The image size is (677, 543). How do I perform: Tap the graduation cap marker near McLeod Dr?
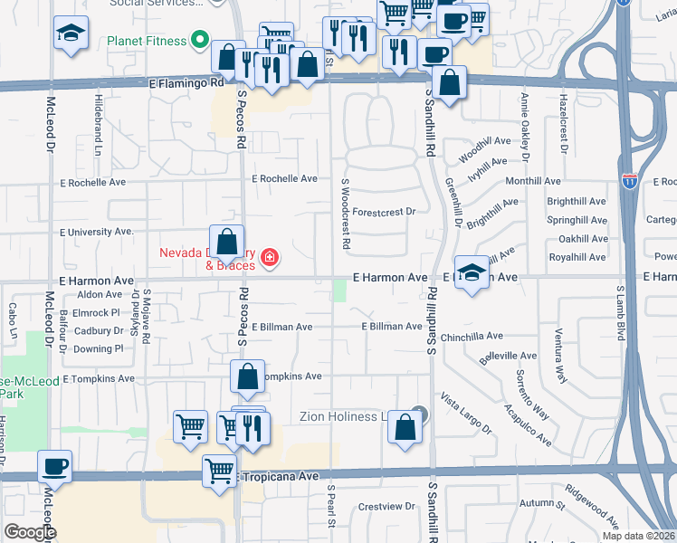[x=68, y=33]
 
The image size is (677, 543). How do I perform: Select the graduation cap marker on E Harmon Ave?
[x=472, y=273]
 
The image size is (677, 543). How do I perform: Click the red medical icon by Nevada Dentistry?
[x=268, y=259]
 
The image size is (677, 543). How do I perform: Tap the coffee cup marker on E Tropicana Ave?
[x=55, y=466]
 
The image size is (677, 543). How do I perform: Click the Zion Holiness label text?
[x=349, y=416]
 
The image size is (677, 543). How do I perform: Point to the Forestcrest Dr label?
[x=384, y=212]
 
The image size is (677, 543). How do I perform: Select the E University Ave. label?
[x=98, y=232]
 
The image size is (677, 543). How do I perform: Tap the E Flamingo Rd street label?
[x=186, y=81]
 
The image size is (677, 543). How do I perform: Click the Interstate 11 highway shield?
[x=630, y=181]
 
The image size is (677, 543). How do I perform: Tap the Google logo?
[x=30, y=532]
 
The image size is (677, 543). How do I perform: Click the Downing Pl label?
[x=99, y=348]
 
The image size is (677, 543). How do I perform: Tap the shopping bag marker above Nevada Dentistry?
[x=227, y=242]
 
